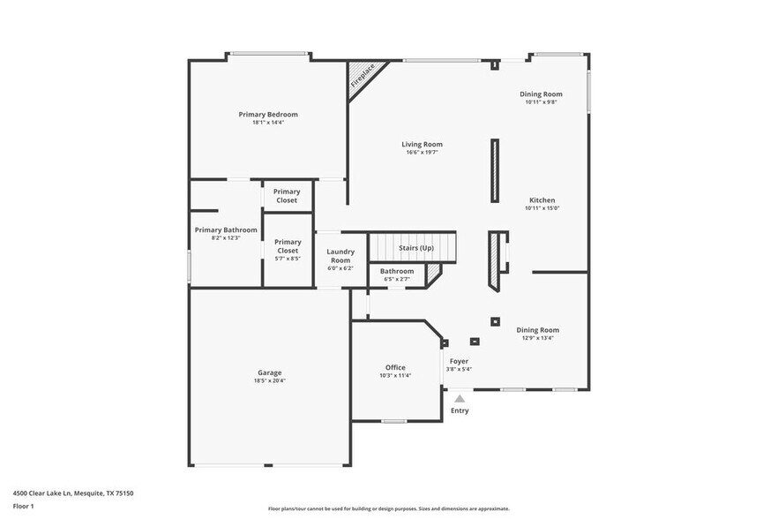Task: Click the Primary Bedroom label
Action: click(267, 114)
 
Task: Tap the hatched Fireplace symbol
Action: click(362, 75)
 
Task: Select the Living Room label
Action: click(422, 144)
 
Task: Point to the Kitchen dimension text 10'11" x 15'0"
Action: click(542, 208)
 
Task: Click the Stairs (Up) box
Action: click(415, 248)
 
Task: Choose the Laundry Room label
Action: click(340, 256)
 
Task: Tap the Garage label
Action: click(269, 372)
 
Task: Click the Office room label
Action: click(395, 367)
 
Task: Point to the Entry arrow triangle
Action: click(460, 399)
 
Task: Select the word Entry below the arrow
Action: click(460, 410)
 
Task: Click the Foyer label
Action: click(459, 361)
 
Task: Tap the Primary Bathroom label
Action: click(226, 229)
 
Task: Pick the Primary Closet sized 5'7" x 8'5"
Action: click(288, 246)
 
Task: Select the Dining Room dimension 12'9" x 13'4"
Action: click(537, 338)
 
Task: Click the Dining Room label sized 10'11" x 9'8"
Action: click(541, 94)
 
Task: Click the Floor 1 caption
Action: click(23, 506)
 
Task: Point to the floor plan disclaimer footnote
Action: click(388, 508)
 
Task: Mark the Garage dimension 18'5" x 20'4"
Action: click(269, 380)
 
